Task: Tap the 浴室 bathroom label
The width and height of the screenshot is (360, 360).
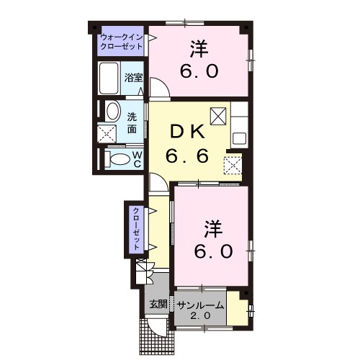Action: pyautogui.click(x=132, y=77)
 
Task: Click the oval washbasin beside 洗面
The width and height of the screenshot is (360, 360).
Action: pyautogui.click(x=112, y=112)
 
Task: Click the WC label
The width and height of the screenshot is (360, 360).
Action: pyautogui.click(x=136, y=159)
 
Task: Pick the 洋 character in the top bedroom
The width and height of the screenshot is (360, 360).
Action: pyautogui.click(x=199, y=50)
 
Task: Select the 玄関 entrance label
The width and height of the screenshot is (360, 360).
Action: pyautogui.click(x=158, y=305)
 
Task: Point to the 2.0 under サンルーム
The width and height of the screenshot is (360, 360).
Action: pyautogui.click(x=201, y=317)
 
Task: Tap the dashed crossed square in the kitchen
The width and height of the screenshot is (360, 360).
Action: pyautogui.click(x=233, y=165)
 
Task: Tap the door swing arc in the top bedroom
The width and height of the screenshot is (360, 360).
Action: pyautogui.click(x=159, y=89)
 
